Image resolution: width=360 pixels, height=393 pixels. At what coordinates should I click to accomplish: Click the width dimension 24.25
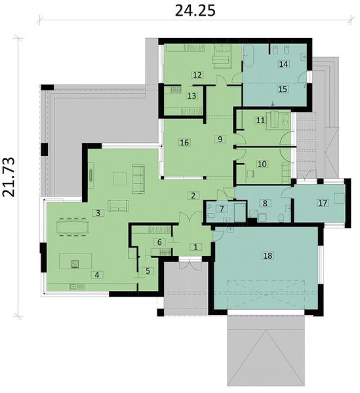click(x=195, y=10)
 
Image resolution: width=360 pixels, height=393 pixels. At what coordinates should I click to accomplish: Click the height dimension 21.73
click(x=9, y=177)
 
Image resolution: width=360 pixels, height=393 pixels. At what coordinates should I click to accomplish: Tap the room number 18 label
click(x=268, y=255)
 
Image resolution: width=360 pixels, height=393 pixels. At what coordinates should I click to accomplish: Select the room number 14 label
click(x=283, y=64)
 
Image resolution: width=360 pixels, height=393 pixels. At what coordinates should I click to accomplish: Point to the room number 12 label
click(x=197, y=75)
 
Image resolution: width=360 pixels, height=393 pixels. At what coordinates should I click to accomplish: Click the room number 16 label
click(x=184, y=143)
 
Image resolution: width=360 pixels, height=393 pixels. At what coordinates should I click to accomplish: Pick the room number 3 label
click(x=98, y=213)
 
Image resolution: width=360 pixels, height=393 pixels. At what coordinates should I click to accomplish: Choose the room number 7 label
click(x=222, y=208)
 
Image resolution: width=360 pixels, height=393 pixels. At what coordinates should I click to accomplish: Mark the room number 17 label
click(x=323, y=202)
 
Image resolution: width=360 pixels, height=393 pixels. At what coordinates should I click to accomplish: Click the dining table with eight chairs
click(x=73, y=227)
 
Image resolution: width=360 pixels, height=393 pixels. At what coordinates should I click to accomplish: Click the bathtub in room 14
click(x=249, y=56)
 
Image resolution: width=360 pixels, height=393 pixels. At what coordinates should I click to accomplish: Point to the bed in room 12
click(x=222, y=56)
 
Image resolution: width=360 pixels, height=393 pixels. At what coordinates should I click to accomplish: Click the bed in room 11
click(x=278, y=121)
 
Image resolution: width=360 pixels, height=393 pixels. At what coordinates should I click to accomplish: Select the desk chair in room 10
click(x=250, y=174)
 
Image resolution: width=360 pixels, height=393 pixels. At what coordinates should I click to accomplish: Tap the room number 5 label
click(x=148, y=271)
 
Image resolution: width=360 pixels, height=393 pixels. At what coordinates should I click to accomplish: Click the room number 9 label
click(x=220, y=139)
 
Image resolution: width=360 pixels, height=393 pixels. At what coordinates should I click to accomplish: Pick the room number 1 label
click(x=195, y=247)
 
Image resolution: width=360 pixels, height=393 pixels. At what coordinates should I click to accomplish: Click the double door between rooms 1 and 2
click(x=190, y=217)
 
